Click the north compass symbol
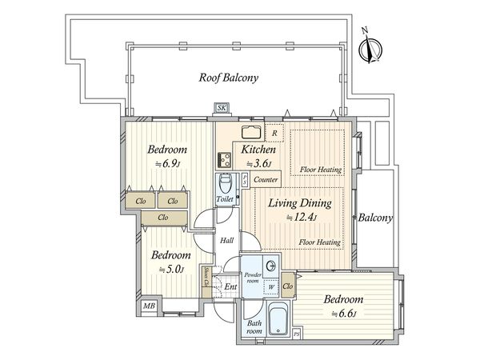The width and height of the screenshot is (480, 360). pyautogui.click(x=370, y=48)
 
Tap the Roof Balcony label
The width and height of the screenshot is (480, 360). pyautogui.click(x=228, y=78)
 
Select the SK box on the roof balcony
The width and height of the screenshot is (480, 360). pyautogui.click(x=222, y=108)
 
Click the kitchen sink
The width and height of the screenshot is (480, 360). pyautogui.click(x=251, y=132)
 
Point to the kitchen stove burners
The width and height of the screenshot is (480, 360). pyautogui.click(x=224, y=159)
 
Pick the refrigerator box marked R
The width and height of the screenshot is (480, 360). pyautogui.click(x=274, y=133)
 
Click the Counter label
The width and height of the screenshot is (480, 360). pyautogui.click(x=266, y=180)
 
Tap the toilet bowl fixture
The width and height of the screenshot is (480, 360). pyautogui.click(x=226, y=183)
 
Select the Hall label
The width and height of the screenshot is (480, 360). pyautogui.click(x=227, y=241)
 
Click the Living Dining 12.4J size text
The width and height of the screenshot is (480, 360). pyautogui.click(x=302, y=218)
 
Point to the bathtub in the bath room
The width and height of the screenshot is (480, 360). pyautogui.click(x=278, y=319)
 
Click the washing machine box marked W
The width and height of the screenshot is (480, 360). pyautogui.click(x=271, y=287)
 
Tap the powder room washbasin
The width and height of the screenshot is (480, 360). pyautogui.click(x=271, y=266)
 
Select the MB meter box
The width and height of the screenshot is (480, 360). pyautogui.click(x=150, y=306)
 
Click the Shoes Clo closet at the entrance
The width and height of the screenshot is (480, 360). pyautogui.click(x=206, y=282)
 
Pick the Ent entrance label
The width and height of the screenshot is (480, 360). pyautogui.click(x=230, y=287)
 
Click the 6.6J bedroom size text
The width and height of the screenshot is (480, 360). pyautogui.click(x=344, y=314)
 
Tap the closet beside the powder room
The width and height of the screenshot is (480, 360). pyautogui.click(x=287, y=286)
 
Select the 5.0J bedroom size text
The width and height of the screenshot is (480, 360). pyautogui.click(x=171, y=270)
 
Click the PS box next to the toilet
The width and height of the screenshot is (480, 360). pyautogui.click(x=245, y=180)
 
